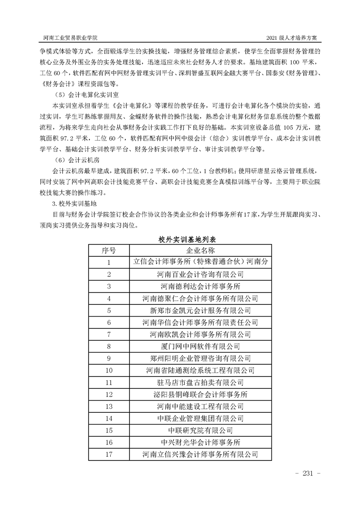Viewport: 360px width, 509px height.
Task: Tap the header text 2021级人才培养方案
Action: click(295, 37)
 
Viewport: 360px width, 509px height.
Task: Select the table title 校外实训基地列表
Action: click(180, 239)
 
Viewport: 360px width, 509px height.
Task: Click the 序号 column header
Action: click(109, 250)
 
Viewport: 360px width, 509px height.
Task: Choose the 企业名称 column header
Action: click(200, 250)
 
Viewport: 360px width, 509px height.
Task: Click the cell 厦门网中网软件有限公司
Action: click(200, 346)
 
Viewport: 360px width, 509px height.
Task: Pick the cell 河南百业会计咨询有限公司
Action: click(200, 274)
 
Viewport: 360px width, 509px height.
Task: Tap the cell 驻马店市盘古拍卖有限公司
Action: click(200, 382)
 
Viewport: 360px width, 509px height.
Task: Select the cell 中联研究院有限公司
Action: click(200, 430)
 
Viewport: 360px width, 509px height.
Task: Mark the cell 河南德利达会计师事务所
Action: click(200, 286)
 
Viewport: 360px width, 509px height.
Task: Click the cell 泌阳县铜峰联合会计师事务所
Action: click(200, 394)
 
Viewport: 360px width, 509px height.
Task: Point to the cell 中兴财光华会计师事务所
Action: click(200, 441)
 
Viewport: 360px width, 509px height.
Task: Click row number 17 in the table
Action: click(109, 454)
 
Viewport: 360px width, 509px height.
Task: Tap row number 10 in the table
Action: click(109, 370)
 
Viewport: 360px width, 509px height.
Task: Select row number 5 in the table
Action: click(109, 310)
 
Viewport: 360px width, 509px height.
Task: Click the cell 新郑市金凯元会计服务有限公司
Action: click(200, 310)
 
